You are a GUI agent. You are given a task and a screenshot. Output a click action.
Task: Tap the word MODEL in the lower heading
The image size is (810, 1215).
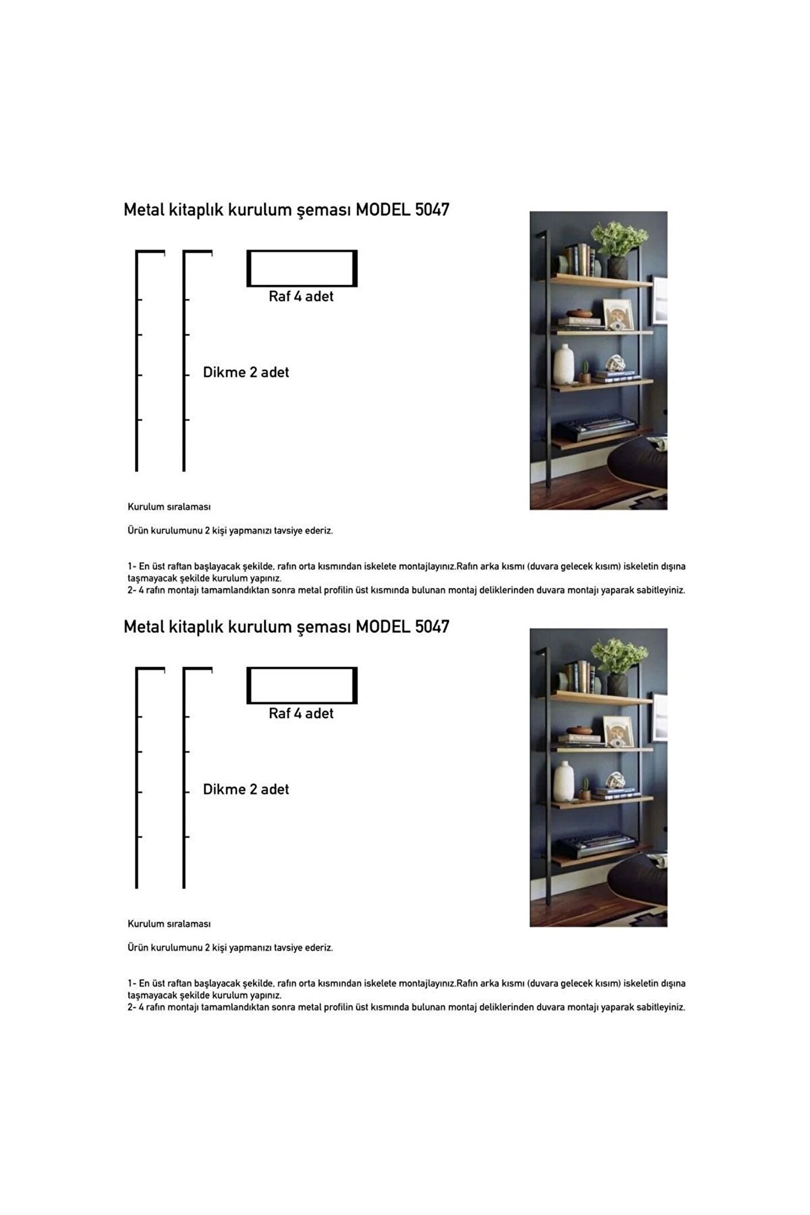coord(382,627)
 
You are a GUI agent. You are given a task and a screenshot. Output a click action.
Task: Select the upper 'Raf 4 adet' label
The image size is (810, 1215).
coord(301,296)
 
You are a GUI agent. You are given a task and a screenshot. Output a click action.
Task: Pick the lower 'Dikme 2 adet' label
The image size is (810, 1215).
coord(246,789)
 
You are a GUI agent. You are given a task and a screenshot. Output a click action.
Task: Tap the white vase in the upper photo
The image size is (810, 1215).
coord(563,364)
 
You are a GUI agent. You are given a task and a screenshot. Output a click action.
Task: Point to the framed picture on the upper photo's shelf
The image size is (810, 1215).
coord(618,314)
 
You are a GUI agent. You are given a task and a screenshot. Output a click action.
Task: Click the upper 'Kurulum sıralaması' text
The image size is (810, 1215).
coord(169,507)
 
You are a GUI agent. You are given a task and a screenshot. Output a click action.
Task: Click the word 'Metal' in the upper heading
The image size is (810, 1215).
coord(144,210)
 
